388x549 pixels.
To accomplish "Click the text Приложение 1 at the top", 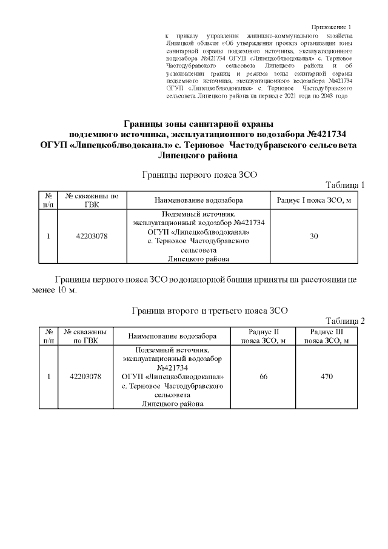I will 331,27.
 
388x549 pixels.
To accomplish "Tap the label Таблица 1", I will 345,185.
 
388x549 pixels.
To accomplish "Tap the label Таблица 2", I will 345,321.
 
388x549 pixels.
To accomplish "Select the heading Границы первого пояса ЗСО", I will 200,175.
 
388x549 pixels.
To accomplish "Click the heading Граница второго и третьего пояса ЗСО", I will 209,311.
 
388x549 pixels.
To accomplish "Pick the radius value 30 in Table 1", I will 314,237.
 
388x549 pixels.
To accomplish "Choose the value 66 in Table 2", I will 263,377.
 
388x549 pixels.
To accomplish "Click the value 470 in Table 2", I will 327,377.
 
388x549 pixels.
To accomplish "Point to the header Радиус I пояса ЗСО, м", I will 314,200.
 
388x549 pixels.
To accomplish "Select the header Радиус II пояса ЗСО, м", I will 264,336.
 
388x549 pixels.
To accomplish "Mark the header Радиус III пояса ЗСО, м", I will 327,336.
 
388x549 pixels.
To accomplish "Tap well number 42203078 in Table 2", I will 85,377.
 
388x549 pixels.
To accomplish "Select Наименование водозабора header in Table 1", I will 198,200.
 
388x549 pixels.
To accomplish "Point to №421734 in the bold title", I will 327,133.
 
